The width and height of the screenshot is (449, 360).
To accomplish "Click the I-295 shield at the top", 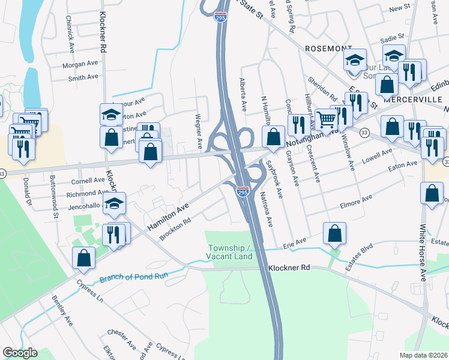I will click(x=220, y=17).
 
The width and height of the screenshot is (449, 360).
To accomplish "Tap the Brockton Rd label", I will click(x=175, y=229).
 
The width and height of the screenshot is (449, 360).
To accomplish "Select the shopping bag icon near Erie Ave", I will click(x=334, y=233).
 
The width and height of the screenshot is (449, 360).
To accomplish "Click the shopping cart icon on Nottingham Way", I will click(x=326, y=119).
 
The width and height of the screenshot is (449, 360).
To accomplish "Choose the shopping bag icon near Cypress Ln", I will click(x=84, y=257).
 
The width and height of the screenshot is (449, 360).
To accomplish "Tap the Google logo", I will click(x=20, y=353).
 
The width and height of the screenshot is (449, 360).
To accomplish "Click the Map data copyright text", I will click(x=424, y=355).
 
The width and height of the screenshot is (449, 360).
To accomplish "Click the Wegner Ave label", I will click(x=199, y=131).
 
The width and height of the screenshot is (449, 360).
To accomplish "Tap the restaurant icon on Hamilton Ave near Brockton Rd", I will click(x=114, y=233).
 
